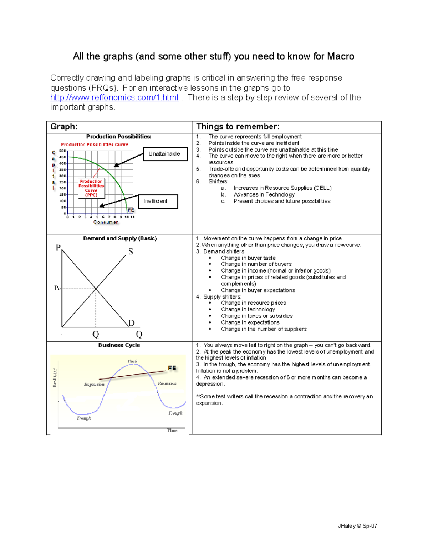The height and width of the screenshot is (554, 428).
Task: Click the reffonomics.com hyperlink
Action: pos(114,98)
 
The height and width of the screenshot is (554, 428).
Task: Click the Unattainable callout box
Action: pos(165,154)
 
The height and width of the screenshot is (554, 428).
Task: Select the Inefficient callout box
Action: pos(158,201)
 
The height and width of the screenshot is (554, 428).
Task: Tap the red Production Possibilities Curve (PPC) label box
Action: pos(91,188)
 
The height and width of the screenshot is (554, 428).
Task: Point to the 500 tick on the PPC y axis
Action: pos(62,151)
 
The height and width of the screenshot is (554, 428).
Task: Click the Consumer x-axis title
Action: pos(106,222)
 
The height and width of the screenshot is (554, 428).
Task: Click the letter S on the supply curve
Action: pos(131,251)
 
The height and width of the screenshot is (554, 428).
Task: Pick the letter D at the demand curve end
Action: pos(131,323)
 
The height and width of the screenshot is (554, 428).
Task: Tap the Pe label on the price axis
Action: pos(57,288)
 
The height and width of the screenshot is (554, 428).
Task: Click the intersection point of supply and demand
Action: pos(96,289)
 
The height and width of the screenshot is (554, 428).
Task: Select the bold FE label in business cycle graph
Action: pos(172,368)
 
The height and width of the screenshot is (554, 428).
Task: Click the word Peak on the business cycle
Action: pos(132,361)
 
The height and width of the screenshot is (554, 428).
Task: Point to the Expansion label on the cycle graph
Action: pos(94,384)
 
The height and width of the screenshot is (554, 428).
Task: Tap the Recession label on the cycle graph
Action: pos(167,383)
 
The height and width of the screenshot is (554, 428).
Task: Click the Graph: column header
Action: pos(64,127)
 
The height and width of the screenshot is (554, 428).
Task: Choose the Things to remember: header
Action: pos(238,127)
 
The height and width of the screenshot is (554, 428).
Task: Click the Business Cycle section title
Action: pos(119,345)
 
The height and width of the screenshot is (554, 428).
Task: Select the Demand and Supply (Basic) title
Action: pos(120,238)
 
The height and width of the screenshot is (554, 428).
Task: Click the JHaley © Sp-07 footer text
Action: pos(357,526)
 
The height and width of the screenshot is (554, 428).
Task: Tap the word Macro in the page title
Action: pos(341,56)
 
